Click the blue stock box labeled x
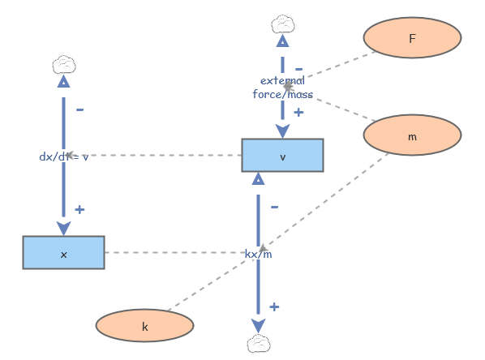click(x=63, y=253)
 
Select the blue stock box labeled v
click(x=282, y=156)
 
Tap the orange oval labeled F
click(x=412, y=38)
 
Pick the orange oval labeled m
click(x=412, y=136)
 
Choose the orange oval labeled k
click(x=144, y=326)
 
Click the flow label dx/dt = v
click(x=63, y=156)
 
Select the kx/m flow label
click(x=258, y=254)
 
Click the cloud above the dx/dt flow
click(x=63, y=64)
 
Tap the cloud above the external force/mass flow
click(x=282, y=23)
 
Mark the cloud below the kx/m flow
click(x=258, y=344)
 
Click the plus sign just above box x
click(x=79, y=209)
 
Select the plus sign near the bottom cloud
click(x=274, y=306)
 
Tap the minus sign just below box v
click(x=274, y=207)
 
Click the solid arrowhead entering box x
click(x=63, y=228)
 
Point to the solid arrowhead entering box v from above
click(x=282, y=131)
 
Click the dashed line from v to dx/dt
click(x=162, y=155)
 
